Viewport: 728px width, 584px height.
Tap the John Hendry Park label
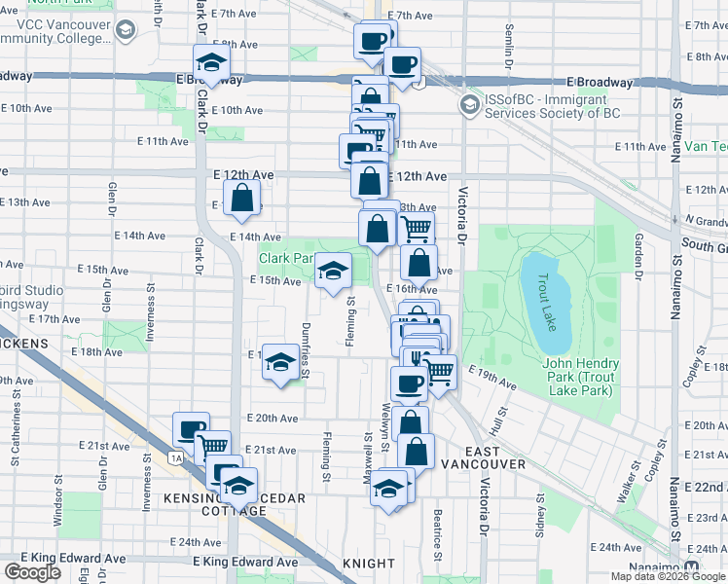click(577, 377)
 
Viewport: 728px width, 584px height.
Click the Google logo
click(32, 572)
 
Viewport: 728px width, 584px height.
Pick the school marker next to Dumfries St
click(280, 363)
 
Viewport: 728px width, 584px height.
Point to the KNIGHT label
click(369, 564)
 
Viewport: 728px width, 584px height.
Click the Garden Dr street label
click(639, 257)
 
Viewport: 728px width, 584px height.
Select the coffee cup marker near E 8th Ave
click(401, 65)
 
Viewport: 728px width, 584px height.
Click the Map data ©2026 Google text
click(668, 576)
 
